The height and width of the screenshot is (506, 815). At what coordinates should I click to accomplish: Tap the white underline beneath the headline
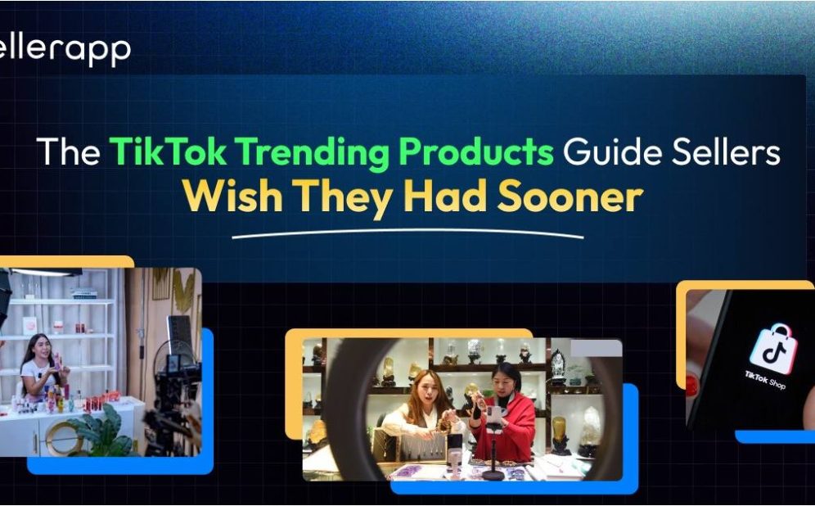pos(407,236)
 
